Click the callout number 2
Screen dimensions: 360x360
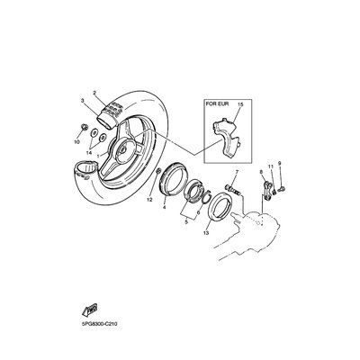[94, 93]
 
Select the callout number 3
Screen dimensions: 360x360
[83, 101]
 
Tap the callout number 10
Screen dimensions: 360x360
[76, 141]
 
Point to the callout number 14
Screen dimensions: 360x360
[88, 153]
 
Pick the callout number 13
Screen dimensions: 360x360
[206, 232]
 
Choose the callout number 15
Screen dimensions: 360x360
[240, 104]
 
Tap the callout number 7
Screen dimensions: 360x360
[237, 172]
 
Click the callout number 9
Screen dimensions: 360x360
[279, 163]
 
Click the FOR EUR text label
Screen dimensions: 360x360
[217, 104]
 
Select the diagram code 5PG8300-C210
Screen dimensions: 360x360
[96, 324]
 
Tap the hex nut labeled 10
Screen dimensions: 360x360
[83, 129]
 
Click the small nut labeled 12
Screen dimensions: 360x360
[159, 172]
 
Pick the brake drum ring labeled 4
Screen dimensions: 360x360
[175, 178]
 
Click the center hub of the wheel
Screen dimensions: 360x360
[122, 149]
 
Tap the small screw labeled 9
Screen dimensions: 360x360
[282, 189]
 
